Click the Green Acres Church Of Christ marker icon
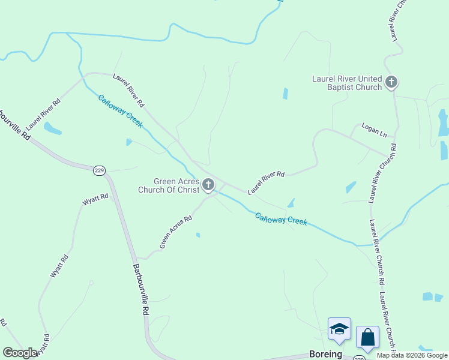[208, 184]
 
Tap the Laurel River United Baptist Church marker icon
[391, 82]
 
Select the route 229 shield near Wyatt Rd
[99, 171]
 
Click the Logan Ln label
[373, 129]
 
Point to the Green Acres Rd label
[175, 232]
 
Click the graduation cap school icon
[339, 329]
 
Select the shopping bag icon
[367, 337]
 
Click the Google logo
[20, 353]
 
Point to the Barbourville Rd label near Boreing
[140, 290]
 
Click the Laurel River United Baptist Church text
[347, 83]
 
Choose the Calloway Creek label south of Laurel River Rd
[280, 219]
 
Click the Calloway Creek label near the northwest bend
[120, 111]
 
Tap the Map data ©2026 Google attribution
[412, 355]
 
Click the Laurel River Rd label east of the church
[266, 182]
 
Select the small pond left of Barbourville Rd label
[52, 128]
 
